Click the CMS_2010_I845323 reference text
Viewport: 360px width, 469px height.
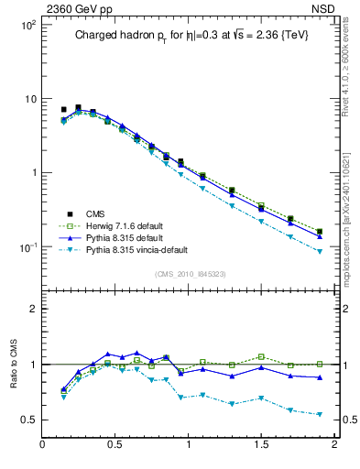point(189,274)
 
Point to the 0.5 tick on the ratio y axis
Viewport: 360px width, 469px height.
point(27,420)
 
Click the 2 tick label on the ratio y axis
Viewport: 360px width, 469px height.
point(32,309)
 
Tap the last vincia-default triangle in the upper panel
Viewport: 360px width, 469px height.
point(320,251)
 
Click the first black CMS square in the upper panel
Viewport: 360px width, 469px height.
point(63,110)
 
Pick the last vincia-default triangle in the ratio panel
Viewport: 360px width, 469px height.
point(320,415)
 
